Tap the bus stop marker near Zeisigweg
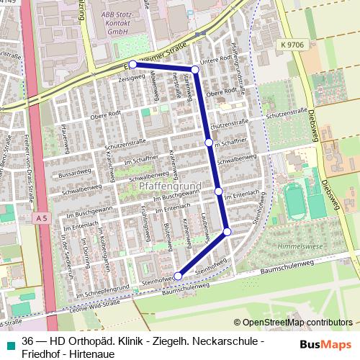pyautogui.click(x=133, y=65)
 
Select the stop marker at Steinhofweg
pyautogui.click(x=179, y=275)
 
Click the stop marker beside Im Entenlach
pyautogui.click(x=218, y=191)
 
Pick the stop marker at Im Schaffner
pyautogui.click(x=209, y=143)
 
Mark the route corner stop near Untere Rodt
pyautogui.click(x=194, y=68)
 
